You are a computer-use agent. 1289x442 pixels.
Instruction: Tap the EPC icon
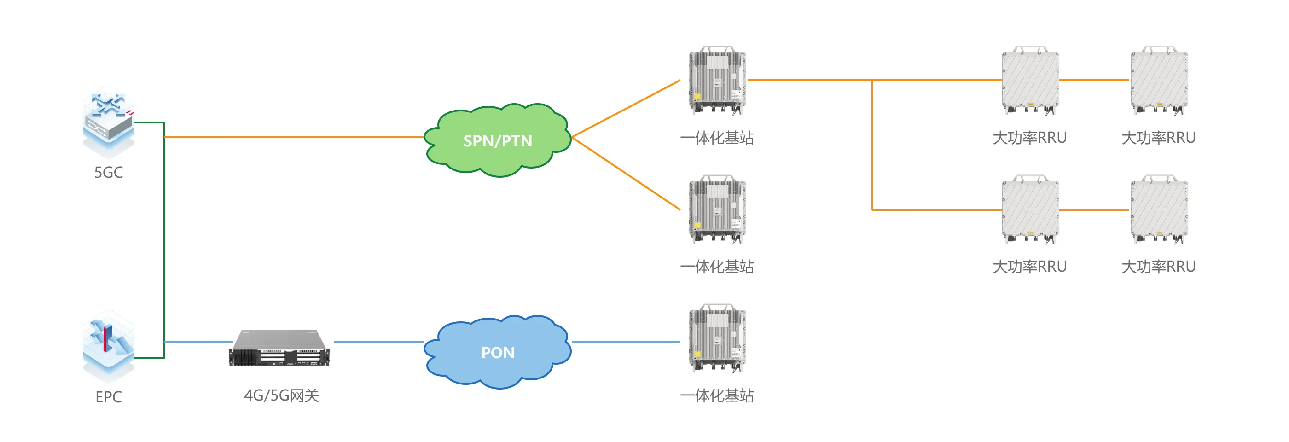tap(109, 345)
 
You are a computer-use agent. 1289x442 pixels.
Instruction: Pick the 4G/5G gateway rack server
tap(279, 348)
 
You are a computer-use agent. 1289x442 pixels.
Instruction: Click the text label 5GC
tap(109, 172)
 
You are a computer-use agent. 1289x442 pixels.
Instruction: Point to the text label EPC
tap(109, 396)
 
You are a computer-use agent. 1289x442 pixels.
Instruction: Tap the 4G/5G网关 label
tap(281, 395)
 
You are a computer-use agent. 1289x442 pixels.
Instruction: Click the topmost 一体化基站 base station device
tap(717, 81)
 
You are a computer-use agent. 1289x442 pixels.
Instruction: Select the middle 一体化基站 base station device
tap(717, 209)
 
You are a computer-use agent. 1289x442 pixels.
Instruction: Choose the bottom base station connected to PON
tap(717, 338)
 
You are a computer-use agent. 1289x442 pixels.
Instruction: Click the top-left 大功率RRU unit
tap(1030, 81)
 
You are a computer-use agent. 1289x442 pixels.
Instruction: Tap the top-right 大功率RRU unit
tap(1159, 81)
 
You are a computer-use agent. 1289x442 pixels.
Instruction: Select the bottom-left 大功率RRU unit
tap(1030, 209)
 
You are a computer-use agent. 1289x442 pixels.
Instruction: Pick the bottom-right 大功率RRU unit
tap(1159, 209)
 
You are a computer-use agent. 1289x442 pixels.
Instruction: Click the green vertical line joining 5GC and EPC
tap(163, 240)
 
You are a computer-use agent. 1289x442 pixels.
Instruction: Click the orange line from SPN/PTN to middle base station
tap(626, 173)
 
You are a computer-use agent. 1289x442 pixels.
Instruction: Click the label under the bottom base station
tap(717, 395)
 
